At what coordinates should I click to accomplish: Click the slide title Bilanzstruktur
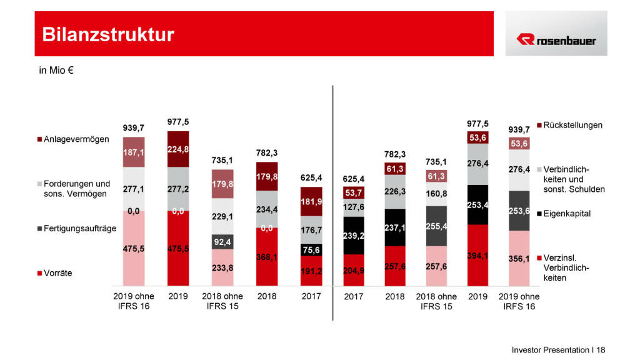(x=108, y=34)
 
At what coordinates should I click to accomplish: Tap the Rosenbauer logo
(x=556, y=40)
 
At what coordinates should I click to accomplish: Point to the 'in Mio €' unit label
(x=57, y=71)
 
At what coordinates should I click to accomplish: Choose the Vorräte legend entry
(x=58, y=273)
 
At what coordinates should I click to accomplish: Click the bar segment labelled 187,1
(x=134, y=152)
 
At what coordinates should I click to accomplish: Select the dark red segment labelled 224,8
(x=177, y=149)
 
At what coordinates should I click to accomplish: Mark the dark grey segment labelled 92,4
(x=222, y=241)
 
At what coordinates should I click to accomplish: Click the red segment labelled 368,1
(x=267, y=256)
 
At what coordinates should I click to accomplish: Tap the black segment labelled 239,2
(x=354, y=236)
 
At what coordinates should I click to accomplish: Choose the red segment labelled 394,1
(x=477, y=255)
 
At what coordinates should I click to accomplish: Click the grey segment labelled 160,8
(x=437, y=194)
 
